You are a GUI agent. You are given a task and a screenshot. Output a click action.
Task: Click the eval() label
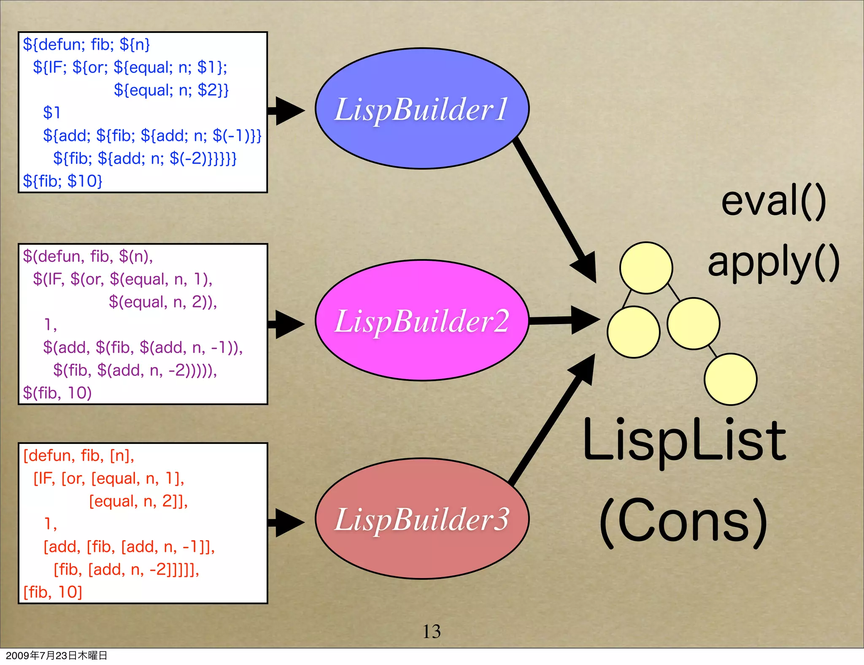pos(773,202)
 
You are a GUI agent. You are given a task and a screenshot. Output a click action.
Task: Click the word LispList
pos(684,441)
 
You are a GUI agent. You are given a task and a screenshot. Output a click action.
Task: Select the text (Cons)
pos(683,521)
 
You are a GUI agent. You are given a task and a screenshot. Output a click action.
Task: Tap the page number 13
pos(432,632)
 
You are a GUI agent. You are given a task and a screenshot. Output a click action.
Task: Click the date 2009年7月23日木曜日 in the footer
pos(57,655)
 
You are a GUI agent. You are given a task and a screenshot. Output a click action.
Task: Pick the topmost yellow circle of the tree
pos(646,268)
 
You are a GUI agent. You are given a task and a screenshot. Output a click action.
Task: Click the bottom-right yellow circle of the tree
pos(730,379)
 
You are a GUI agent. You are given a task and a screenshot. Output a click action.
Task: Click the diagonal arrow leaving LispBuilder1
pos(553,207)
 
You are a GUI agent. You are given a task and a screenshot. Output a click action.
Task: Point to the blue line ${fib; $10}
pos(62,181)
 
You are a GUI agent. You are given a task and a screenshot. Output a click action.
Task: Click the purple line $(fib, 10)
pos(57,393)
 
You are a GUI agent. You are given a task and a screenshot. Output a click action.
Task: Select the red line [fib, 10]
pos(53,592)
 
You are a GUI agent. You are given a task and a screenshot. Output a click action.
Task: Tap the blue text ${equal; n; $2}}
pos(171,90)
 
